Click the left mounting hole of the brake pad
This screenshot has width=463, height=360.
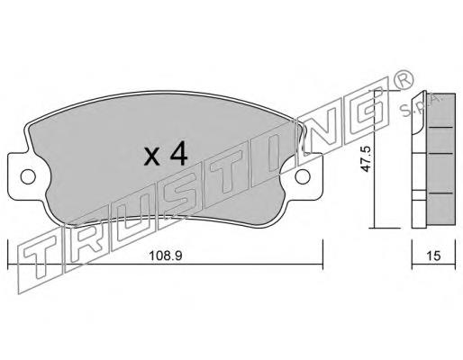(x=28, y=176)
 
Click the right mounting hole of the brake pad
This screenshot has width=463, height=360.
(x=303, y=176)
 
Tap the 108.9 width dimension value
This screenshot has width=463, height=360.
(x=166, y=256)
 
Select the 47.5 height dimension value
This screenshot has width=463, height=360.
(x=366, y=159)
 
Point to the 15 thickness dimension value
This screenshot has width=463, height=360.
(x=433, y=256)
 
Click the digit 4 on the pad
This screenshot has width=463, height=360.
(x=178, y=154)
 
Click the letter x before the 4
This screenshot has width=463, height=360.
(x=152, y=157)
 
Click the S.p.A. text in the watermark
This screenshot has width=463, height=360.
(x=420, y=105)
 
